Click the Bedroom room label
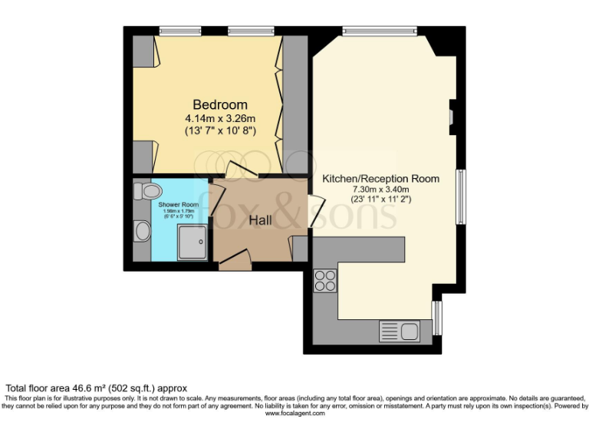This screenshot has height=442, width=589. [220, 105]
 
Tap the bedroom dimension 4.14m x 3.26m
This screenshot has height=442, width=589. [220, 119]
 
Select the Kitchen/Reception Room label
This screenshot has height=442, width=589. [381, 179]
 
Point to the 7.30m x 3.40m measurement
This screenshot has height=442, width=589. [381, 190]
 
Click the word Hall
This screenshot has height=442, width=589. [262, 220]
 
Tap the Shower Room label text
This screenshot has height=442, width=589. [178, 206]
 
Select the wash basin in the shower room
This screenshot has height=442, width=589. [143, 231]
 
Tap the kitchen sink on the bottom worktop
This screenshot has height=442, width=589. [398, 332]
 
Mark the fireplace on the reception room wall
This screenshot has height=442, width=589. [452, 114]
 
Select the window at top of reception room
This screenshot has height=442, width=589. [380, 31]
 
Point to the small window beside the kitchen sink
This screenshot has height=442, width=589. [437, 317]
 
